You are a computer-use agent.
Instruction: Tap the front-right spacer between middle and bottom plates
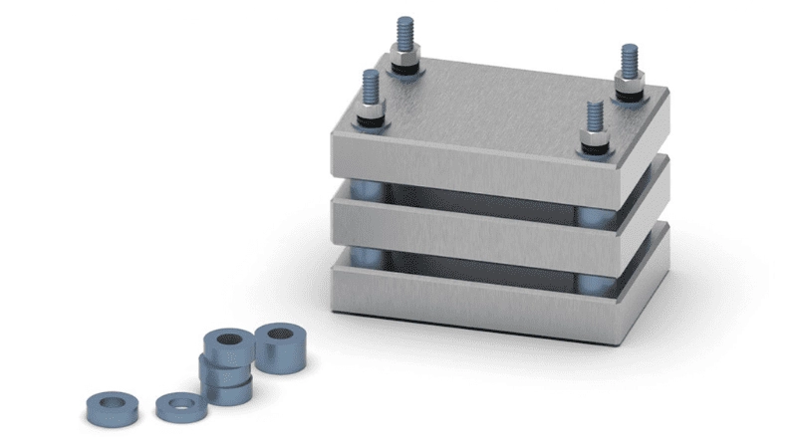coord(596,284)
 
